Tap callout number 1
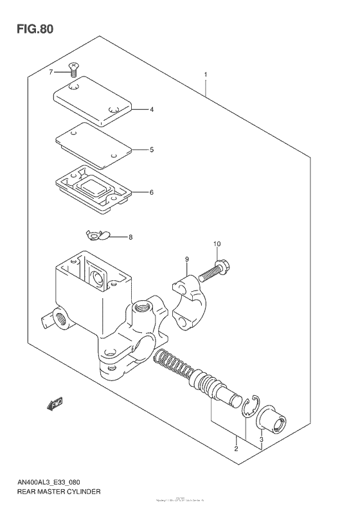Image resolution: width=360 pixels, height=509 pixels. click(x=205, y=75)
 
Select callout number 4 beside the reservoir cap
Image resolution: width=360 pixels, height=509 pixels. click(x=152, y=110)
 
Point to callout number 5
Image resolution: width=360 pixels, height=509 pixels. click(x=152, y=150)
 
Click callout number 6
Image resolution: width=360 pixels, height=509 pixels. click(x=152, y=192)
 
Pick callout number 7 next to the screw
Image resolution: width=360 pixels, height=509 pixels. click(x=51, y=72)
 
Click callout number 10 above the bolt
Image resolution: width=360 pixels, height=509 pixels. click(x=217, y=244)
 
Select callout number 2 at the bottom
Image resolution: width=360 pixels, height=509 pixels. click(x=236, y=449)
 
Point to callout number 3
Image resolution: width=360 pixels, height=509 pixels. click(x=262, y=440)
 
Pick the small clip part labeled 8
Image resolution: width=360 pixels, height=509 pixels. click(x=96, y=236)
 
